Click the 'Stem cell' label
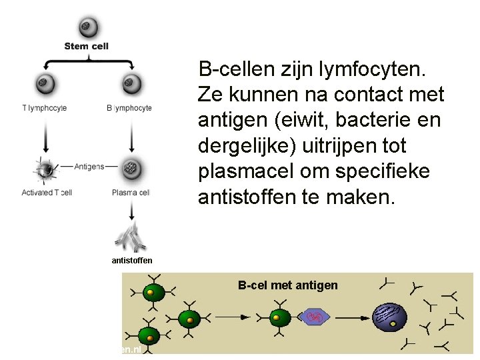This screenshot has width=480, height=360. tap(87, 46)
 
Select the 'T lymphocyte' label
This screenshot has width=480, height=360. tap(45, 108)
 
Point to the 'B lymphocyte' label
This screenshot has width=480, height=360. tap(129, 108)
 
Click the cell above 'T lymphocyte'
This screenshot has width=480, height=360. tap(45, 84)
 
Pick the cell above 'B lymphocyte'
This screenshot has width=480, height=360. tap(131, 84)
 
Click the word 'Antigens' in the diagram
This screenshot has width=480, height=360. tap(89, 166)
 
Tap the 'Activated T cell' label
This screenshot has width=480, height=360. tap(47, 193)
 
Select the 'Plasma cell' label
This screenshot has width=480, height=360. tap(131, 193)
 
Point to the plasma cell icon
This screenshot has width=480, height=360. tap(131, 168)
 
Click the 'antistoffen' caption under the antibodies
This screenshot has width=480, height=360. tap(132, 260)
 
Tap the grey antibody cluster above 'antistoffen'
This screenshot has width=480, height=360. tap(132, 237)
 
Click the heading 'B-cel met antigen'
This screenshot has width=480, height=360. tap(288, 285)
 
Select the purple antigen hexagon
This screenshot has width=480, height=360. tap(317, 317)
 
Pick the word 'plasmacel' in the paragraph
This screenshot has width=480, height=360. tap(243, 171)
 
